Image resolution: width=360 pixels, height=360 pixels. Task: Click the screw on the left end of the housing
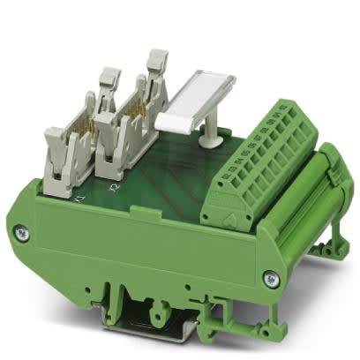pos(23,233)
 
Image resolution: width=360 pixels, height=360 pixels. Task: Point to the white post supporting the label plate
pos(213,133)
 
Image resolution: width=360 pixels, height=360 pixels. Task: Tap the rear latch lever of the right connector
pos(155,63)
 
